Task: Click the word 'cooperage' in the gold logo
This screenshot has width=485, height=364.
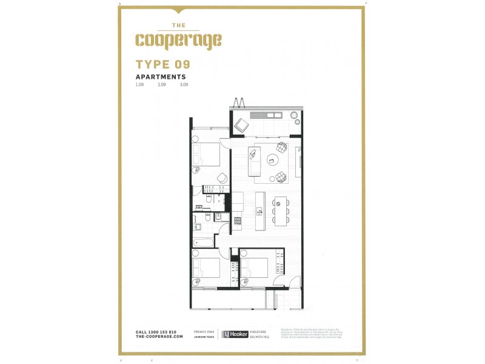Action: pyautogui.click(x=178, y=41)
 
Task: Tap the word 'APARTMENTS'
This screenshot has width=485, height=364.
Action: pyautogui.click(x=161, y=77)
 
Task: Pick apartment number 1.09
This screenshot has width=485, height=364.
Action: pyautogui.click(x=140, y=85)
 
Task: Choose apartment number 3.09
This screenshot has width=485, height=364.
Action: pyautogui.click(x=184, y=85)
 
